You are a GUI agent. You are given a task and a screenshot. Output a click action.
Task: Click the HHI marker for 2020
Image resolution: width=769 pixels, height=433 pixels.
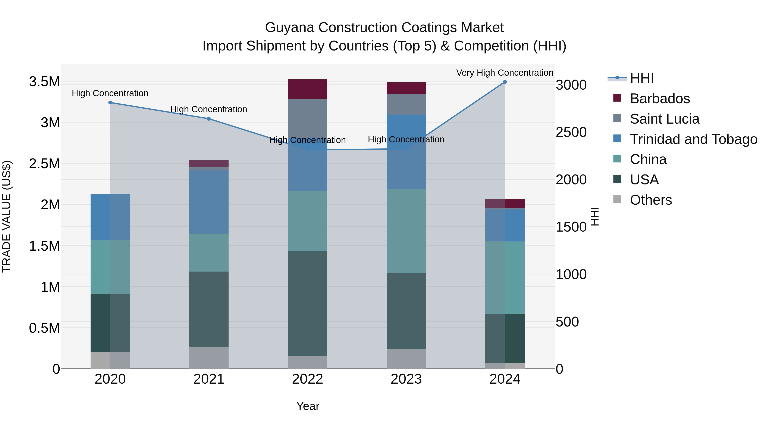[110, 102]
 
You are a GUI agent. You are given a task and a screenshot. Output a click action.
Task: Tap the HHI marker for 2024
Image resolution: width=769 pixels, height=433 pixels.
[505, 82]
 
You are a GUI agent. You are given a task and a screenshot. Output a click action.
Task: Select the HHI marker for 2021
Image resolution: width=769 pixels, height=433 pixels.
[209, 119]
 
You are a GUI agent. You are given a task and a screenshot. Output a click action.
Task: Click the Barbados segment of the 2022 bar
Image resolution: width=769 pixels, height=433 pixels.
[307, 89]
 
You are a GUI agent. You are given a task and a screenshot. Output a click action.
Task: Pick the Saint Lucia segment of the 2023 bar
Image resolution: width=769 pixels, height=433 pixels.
[406, 104]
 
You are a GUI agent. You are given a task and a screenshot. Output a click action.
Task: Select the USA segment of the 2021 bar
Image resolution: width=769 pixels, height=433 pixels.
[209, 309]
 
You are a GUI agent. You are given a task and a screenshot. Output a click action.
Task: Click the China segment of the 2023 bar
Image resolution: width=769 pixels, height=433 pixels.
[406, 231]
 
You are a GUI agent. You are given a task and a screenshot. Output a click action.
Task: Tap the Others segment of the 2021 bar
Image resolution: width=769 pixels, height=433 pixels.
[209, 358]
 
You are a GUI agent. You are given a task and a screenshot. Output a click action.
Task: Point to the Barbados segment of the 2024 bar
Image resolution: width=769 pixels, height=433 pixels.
[505, 204]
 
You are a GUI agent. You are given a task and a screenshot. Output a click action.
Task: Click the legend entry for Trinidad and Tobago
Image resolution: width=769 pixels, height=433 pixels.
[693, 139]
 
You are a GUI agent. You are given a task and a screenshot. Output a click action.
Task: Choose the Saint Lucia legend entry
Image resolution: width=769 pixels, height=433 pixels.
[665, 119]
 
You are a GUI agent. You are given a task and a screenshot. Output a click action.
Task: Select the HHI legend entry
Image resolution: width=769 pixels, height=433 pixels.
[642, 78]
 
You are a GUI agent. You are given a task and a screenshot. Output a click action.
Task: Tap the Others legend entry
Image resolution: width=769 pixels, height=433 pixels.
[651, 200]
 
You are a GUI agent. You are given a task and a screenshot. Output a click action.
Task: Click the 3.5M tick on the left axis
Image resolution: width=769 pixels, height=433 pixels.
[44, 82]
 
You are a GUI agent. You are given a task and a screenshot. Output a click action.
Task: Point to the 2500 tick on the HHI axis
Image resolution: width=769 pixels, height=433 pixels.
[571, 132]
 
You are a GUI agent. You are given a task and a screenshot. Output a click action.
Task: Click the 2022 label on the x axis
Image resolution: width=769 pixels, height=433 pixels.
[307, 379]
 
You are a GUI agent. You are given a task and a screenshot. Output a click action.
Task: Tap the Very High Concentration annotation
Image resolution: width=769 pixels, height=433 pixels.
[505, 73]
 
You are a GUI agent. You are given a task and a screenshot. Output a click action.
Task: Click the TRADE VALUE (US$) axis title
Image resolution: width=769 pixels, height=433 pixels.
[7, 216]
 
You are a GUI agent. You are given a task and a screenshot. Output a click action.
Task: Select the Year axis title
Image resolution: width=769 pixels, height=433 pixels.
[308, 406]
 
